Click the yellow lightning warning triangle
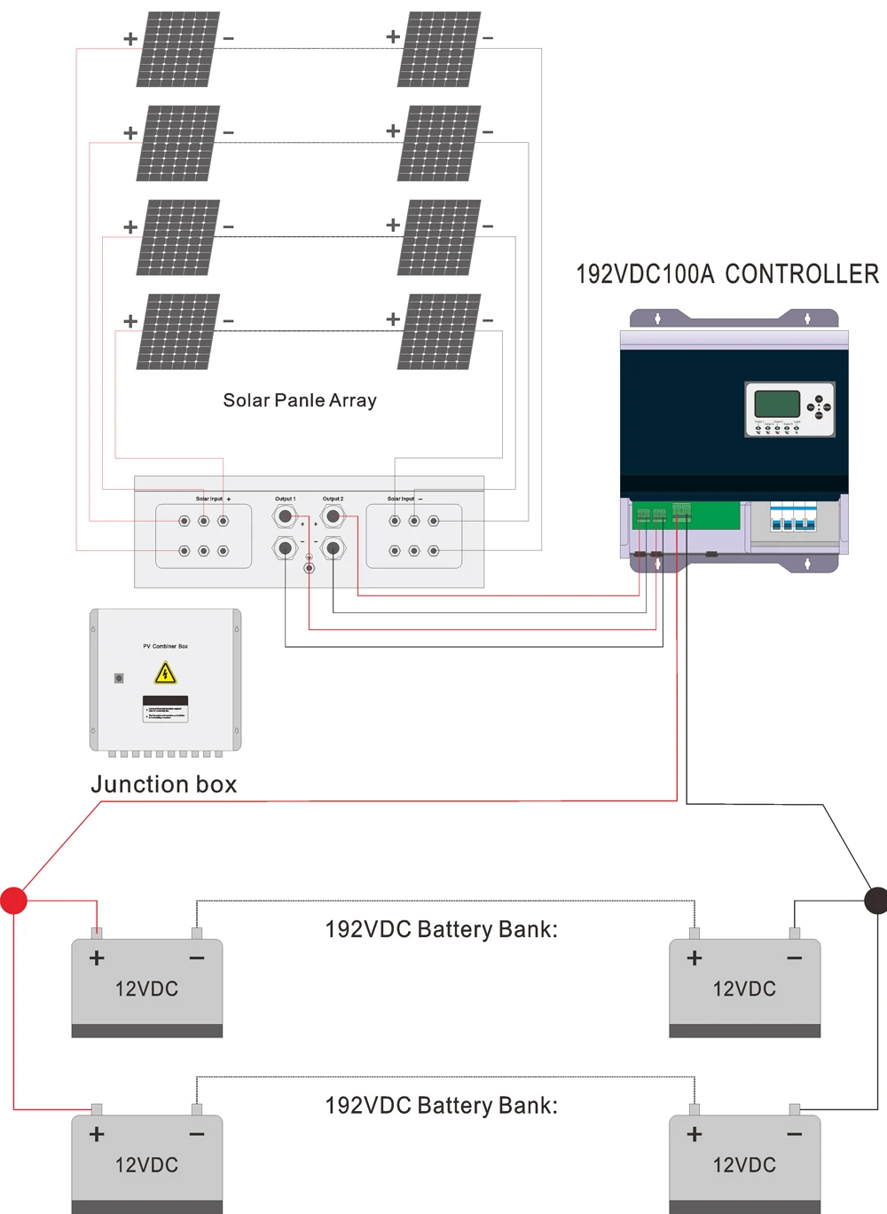[165, 674]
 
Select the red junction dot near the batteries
[14, 900]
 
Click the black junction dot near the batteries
[875, 900]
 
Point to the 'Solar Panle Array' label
[300, 400]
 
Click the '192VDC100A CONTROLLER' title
[727, 274]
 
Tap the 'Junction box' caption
[164, 784]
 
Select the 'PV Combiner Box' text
[166, 646]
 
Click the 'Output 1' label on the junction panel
[285, 499]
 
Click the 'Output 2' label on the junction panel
[334, 499]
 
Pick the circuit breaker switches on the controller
[793, 517]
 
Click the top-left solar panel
[177, 50]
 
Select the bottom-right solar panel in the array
[439, 332]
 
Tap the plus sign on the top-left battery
[97, 958]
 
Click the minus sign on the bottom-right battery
[794, 1134]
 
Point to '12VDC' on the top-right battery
[744, 989]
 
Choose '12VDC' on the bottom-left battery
[146, 1165]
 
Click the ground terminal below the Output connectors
[309, 566]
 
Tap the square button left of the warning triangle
[119, 678]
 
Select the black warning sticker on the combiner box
[165, 708]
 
